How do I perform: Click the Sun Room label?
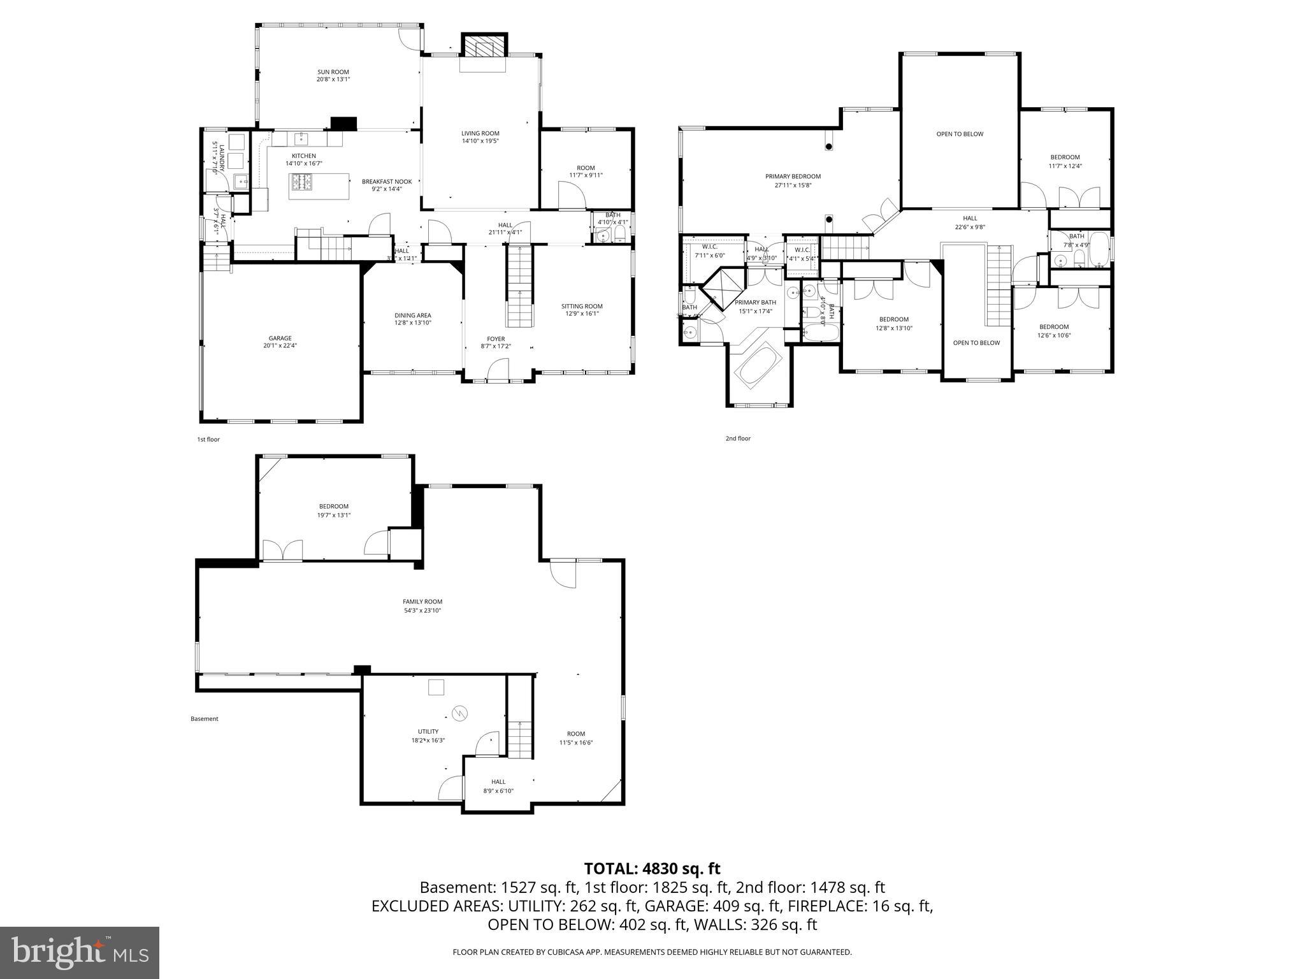click(x=333, y=72)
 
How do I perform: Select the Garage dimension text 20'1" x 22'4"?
click(x=280, y=345)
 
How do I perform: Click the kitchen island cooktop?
click(x=302, y=183)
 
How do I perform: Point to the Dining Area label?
click(x=412, y=315)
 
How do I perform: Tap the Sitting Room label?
click(x=582, y=306)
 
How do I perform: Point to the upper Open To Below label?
click(x=960, y=134)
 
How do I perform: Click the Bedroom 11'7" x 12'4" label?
click(x=1065, y=157)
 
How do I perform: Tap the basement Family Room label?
click(x=422, y=602)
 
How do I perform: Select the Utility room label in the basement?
click(x=428, y=732)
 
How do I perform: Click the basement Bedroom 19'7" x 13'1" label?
click(x=334, y=507)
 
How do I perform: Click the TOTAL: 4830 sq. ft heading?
click(x=652, y=868)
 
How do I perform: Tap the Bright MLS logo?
click(x=80, y=953)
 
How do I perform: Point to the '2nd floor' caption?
click(x=738, y=439)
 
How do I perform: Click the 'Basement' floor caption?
click(x=204, y=719)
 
